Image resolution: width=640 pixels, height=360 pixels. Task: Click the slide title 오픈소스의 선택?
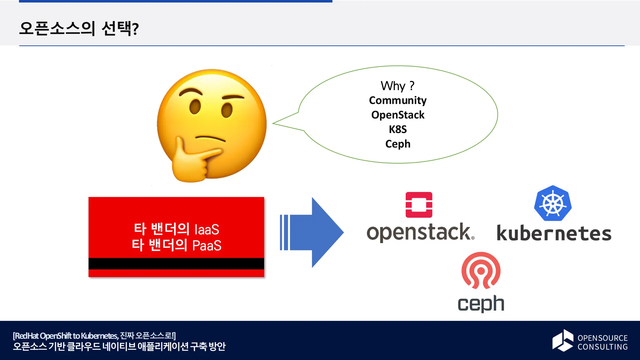79,28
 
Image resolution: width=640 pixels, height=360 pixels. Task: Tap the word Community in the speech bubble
397,100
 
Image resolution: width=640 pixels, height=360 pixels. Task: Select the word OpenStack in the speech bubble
397,115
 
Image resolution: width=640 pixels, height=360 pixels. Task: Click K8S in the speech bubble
397,129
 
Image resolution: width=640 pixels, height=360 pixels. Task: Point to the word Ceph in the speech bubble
397,144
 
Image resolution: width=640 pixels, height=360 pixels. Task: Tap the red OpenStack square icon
419,205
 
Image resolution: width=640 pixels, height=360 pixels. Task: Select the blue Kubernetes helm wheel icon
553,203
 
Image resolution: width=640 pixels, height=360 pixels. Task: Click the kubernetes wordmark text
554,233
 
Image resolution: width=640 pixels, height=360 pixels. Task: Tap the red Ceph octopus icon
481,271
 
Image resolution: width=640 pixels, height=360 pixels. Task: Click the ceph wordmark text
481,303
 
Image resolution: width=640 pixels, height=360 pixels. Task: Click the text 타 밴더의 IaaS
177,229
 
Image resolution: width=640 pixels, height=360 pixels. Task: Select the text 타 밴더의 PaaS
177,245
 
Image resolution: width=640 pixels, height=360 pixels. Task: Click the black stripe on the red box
176,263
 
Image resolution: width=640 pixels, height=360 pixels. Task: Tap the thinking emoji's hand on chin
191,159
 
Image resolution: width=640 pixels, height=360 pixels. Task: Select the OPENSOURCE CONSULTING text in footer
602,342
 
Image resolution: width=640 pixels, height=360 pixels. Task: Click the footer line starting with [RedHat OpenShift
94,336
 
